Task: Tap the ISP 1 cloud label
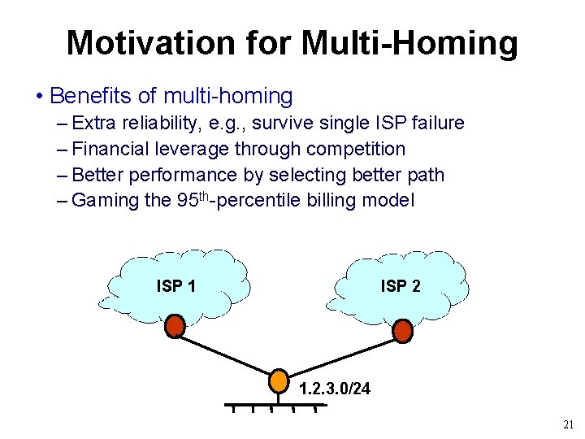click(x=175, y=285)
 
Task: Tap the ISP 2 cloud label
click(x=401, y=285)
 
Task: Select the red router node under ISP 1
click(x=175, y=327)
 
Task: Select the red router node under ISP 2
click(x=402, y=331)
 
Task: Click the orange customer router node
click(x=279, y=380)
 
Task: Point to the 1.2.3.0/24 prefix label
click(x=335, y=389)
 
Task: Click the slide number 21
click(x=568, y=424)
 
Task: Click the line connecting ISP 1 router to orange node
click(x=227, y=354)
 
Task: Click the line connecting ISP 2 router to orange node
click(x=341, y=355)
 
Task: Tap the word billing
click(x=336, y=200)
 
